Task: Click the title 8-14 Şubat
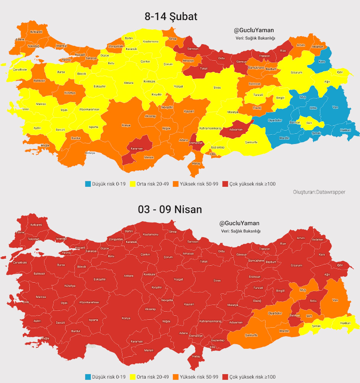pos(171,16)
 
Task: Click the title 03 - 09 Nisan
pos(170,209)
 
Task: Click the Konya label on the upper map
pos(127,125)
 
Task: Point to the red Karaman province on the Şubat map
pos(136,148)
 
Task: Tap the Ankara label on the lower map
pos(129,276)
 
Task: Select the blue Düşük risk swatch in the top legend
pos(88,184)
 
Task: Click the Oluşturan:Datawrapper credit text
pos(319,192)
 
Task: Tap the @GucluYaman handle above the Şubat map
pos(254,30)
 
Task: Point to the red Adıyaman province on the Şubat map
pos(236,129)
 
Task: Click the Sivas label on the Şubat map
pos(217,88)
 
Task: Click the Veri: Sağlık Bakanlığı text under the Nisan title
pos(241,231)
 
